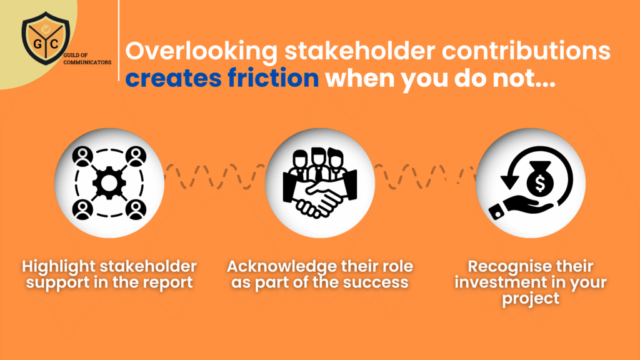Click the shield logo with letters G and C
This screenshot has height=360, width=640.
pyautogui.click(x=46, y=38)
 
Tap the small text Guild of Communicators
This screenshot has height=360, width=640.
pyautogui.click(x=87, y=59)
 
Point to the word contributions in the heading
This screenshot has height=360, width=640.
pyautogui.click(x=526, y=51)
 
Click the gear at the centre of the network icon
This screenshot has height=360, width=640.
pyautogui.click(x=109, y=183)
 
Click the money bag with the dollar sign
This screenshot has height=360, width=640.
pyautogui.click(x=539, y=179)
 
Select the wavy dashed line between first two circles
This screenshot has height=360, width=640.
pyautogui.click(x=215, y=176)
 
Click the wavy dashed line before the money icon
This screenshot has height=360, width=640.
pyautogui.click(x=425, y=176)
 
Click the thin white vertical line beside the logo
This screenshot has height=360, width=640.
pyautogui.click(x=119, y=40)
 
